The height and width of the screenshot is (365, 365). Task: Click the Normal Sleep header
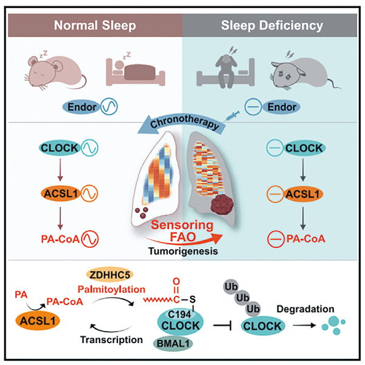click(95, 26)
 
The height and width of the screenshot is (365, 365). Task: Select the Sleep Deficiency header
click(272, 26)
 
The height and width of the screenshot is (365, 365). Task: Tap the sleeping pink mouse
click(55, 71)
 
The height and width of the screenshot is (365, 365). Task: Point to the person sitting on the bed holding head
click(226, 70)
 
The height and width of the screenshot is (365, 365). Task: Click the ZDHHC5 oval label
click(109, 275)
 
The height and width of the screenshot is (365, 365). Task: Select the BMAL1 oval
click(173, 344)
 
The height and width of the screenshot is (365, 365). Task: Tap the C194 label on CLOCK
click(179, 315)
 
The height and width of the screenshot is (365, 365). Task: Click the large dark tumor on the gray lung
click(222, 204)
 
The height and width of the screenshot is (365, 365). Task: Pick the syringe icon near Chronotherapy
click(232, 115)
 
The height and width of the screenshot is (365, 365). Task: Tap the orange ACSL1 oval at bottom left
click(38, 321)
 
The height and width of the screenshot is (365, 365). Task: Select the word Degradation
click(305, 309)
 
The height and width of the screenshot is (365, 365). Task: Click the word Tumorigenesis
click(183, 251)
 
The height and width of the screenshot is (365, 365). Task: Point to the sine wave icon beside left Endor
click(109, 106)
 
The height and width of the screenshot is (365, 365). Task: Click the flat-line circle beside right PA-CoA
click(276, 239)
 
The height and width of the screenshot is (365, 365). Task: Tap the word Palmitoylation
click(111, 289)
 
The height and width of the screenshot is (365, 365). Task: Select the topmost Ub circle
click(231, 287)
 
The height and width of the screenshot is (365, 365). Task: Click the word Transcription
click(111, 340)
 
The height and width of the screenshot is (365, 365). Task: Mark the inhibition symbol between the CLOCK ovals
click(222, 326)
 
